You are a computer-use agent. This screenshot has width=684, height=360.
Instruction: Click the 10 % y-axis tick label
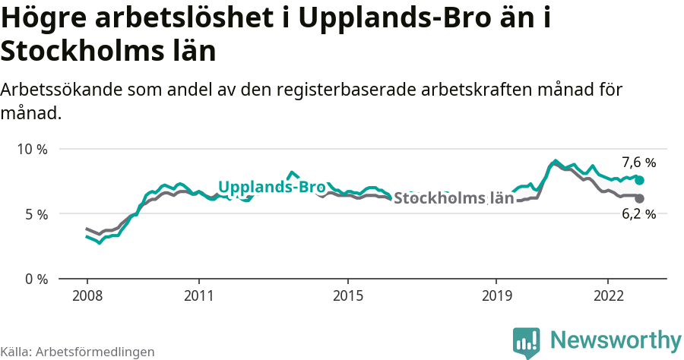click(x=32, y=149)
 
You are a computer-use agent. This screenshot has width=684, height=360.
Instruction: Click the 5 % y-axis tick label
click(x=36, y=214)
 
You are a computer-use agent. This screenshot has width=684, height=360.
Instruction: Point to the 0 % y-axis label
click(x=36, y=279)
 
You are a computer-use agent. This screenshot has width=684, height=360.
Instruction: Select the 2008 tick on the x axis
click(x=87, y=295)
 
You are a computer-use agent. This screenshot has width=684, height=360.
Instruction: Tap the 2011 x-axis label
click(x=198, y=295)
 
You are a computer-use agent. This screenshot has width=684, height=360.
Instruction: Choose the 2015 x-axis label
click(x=347, y=295)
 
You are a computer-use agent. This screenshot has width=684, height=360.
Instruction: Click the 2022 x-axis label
click(x=608, y=295)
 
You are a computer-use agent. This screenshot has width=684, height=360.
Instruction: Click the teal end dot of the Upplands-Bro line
click(x=639, y=180)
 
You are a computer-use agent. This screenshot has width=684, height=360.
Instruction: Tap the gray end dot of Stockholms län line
click(x=639, y=198)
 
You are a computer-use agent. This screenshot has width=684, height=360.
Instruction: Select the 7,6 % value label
click(x=638, y=162)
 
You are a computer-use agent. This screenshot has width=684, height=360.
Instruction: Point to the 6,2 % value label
click(x=638, y=214)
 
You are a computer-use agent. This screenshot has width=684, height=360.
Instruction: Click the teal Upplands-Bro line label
click(x=271, y=187)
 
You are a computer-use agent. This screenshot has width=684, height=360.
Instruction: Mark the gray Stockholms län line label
click(x=454, y=199)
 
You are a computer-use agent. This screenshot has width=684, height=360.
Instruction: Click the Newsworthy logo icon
click(x=527, y=342)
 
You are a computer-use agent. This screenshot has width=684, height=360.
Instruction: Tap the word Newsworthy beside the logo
click(x=615, y=339)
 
